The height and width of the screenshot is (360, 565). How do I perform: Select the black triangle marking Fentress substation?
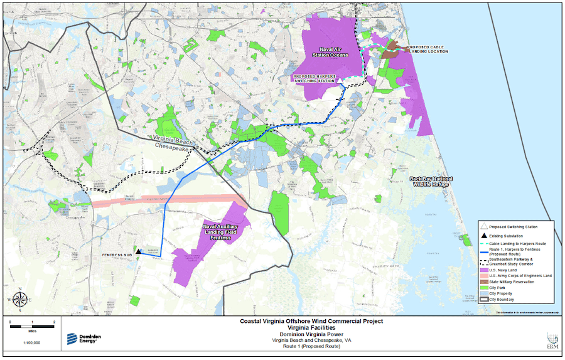(138, 251)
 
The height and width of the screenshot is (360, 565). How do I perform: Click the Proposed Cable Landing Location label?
(428, 49)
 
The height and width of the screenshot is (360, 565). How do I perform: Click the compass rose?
(19, 300)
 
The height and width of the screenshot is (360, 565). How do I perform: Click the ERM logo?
(552, 339)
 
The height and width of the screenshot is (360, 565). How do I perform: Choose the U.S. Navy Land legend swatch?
(483, 270)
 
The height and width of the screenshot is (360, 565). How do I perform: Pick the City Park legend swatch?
(483, 288)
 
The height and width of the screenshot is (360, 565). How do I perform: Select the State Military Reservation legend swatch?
(483, 281)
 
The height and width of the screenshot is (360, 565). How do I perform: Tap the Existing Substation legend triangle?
(483, 235)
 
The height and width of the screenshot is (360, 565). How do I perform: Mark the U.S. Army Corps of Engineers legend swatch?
(483, 276)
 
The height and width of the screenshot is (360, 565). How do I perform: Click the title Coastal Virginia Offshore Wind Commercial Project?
(311, 321)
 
